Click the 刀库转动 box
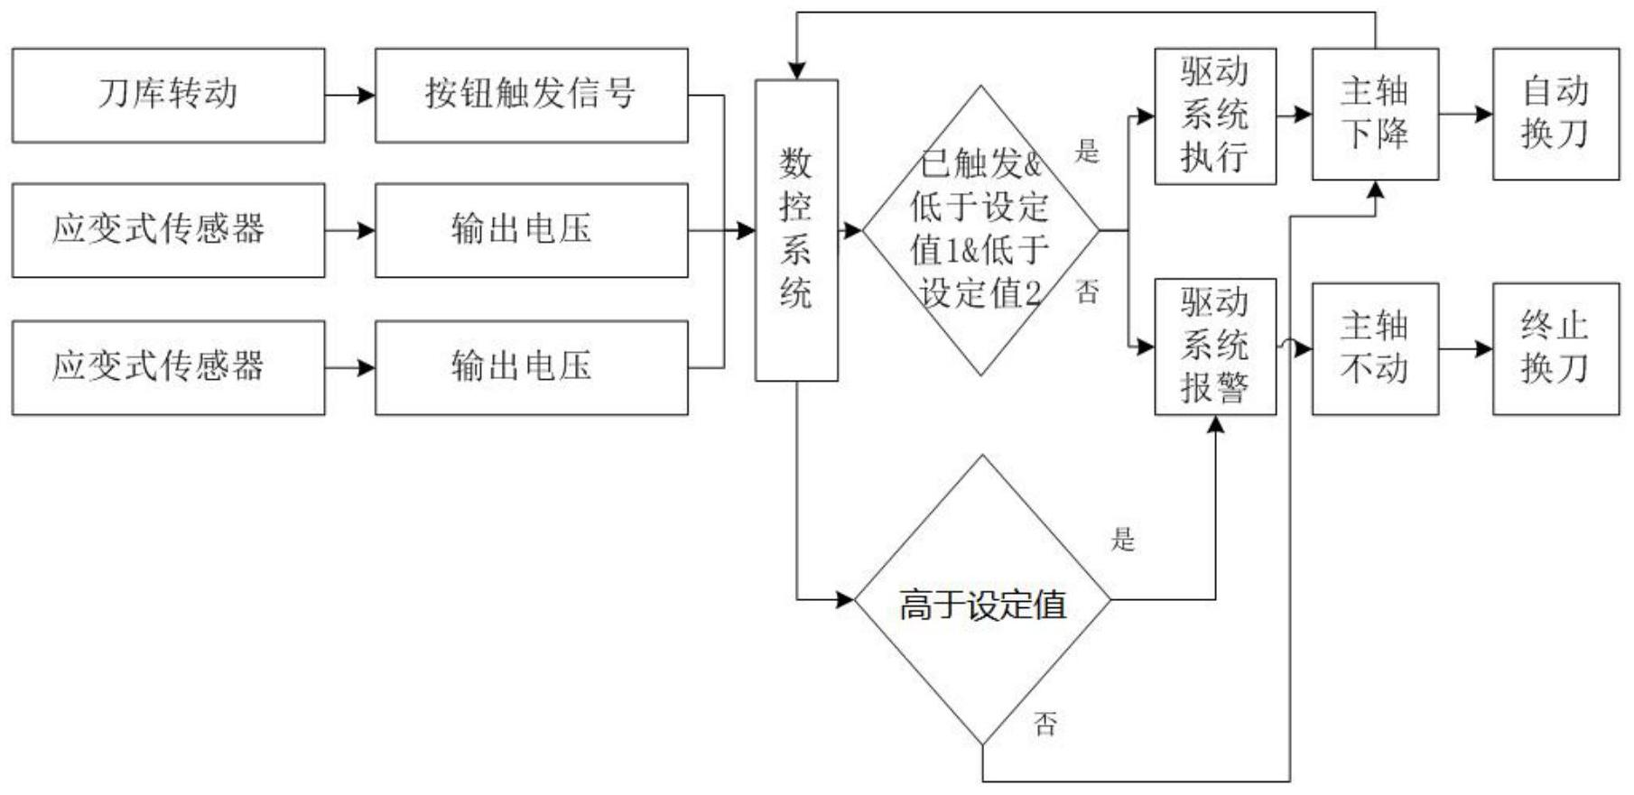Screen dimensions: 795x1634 click(168, 96)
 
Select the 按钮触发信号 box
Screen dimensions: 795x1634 click(531, 96)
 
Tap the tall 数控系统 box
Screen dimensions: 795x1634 click(796, 230)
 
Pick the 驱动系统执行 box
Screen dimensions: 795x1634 click(1215, 116)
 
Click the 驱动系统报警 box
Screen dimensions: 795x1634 click(1215, 347)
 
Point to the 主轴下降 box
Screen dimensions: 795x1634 click(1374, 115)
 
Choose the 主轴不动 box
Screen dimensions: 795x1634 click(1374, 348)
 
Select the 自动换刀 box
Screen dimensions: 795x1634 click(1555, 115)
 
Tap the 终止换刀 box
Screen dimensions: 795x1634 click(1555, 348)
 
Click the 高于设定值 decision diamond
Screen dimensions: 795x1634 click(982, 600)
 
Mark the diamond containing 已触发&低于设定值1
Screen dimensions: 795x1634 click(980, 230)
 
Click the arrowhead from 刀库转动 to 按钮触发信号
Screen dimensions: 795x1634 click(366, 96)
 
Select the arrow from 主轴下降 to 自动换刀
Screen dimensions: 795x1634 click(1465, 115)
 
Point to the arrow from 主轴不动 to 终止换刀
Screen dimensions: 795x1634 click(1465, 348)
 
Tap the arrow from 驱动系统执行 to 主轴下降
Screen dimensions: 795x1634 click(1294, 115)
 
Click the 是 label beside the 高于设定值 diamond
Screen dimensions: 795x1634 click(1122, 540)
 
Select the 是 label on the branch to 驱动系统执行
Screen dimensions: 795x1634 click(1087, 151)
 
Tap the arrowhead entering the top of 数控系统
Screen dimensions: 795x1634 click(796, 70)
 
